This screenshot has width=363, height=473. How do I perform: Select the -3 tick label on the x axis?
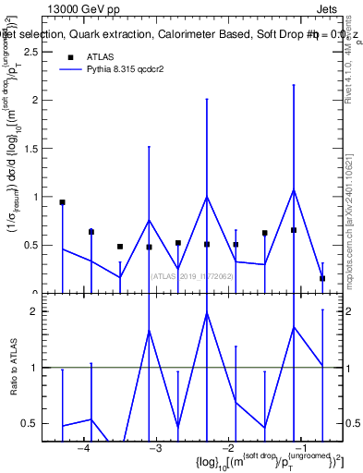155,448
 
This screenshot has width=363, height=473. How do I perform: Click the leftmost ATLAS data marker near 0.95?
63,202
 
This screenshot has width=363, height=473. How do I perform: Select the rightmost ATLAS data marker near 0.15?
322,278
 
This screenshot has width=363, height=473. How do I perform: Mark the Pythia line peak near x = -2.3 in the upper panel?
207,196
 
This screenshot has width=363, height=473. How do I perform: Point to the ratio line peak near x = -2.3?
207,313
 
